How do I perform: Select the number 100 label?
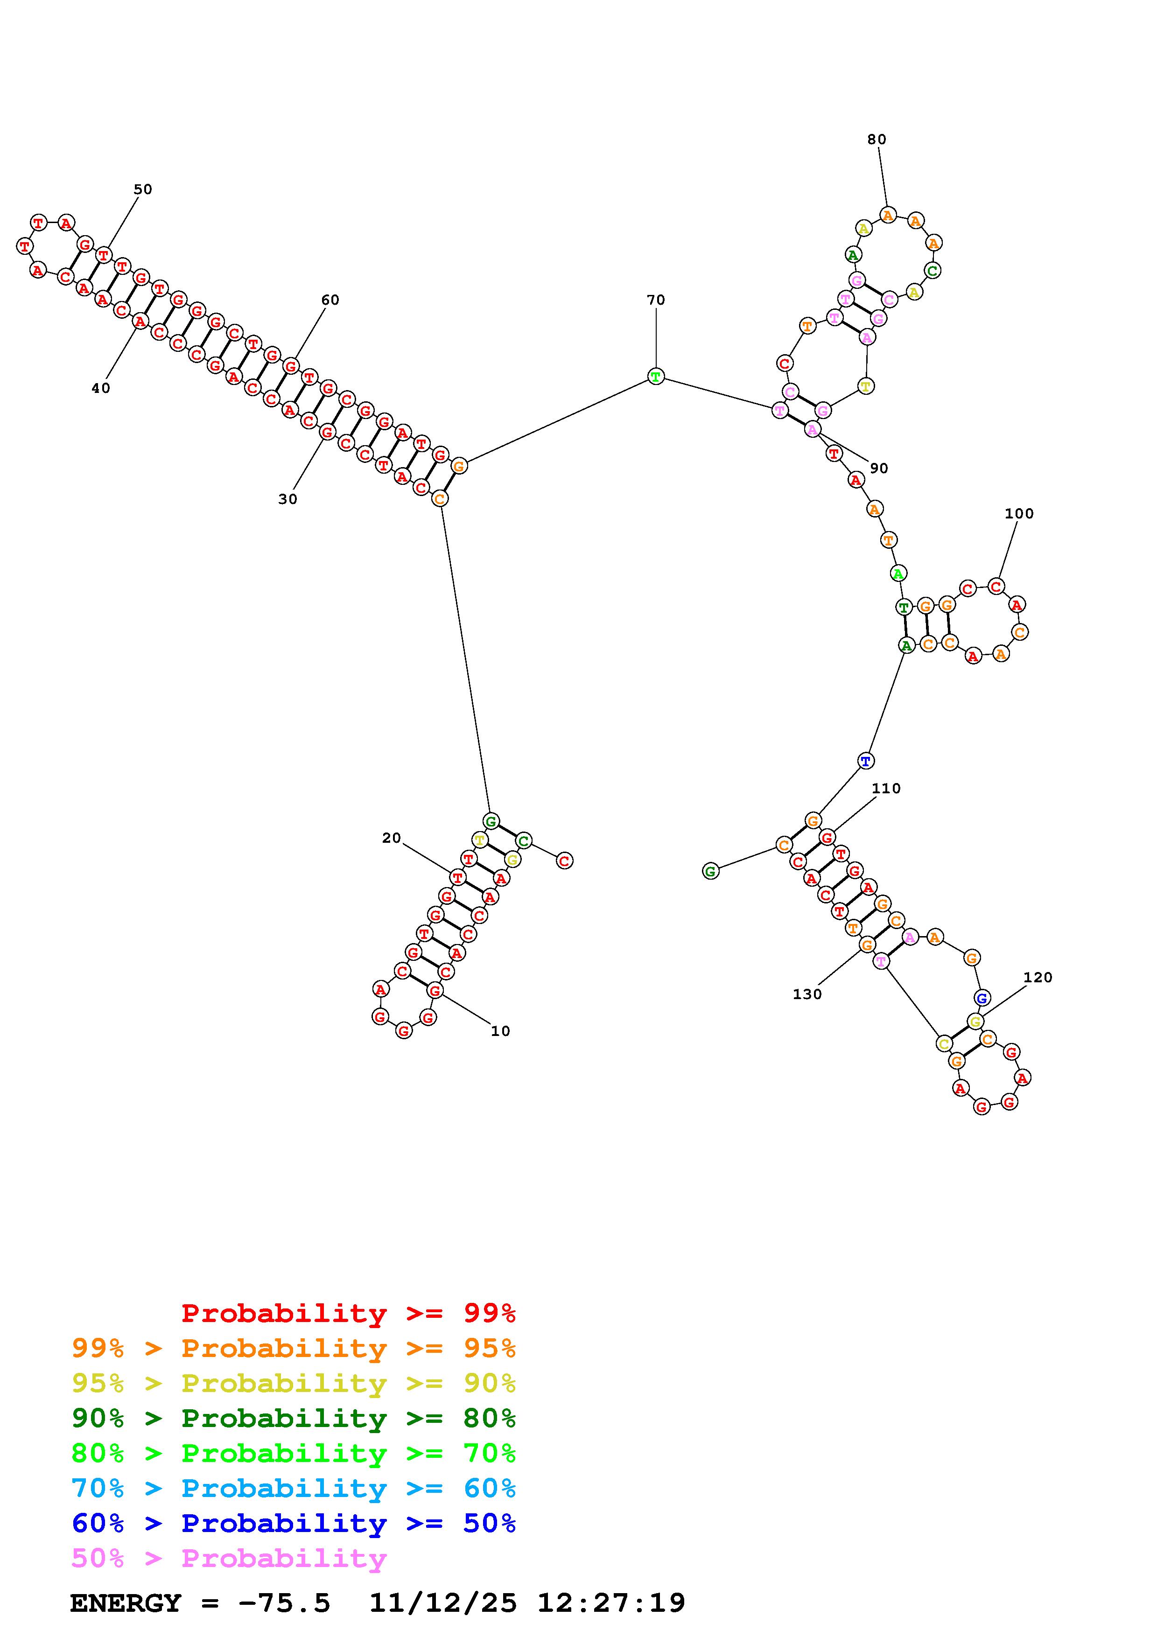(x=1019, y=513)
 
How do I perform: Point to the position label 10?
(x=500, y=1031)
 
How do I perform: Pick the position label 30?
(x=287, y=500)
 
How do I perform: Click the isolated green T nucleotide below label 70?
(x=656, y=377)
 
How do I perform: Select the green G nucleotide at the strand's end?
(x=710, y=871)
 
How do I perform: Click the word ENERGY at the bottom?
(x=126, y=1603)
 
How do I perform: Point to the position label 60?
(x=330, y=300)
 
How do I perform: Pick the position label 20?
(x=392, y=839)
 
